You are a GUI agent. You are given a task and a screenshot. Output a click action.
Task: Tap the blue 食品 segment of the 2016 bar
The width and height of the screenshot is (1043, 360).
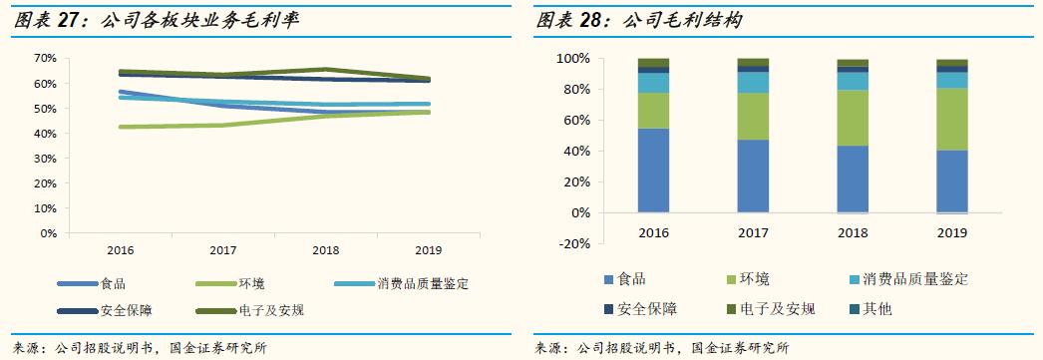[654, 170]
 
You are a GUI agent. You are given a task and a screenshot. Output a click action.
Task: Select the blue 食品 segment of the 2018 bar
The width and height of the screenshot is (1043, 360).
[853, 179]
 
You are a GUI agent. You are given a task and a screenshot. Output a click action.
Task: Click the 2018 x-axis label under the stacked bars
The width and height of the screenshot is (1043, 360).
[853, 231]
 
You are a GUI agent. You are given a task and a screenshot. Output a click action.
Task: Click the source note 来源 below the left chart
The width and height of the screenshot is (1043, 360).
[139, 348]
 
